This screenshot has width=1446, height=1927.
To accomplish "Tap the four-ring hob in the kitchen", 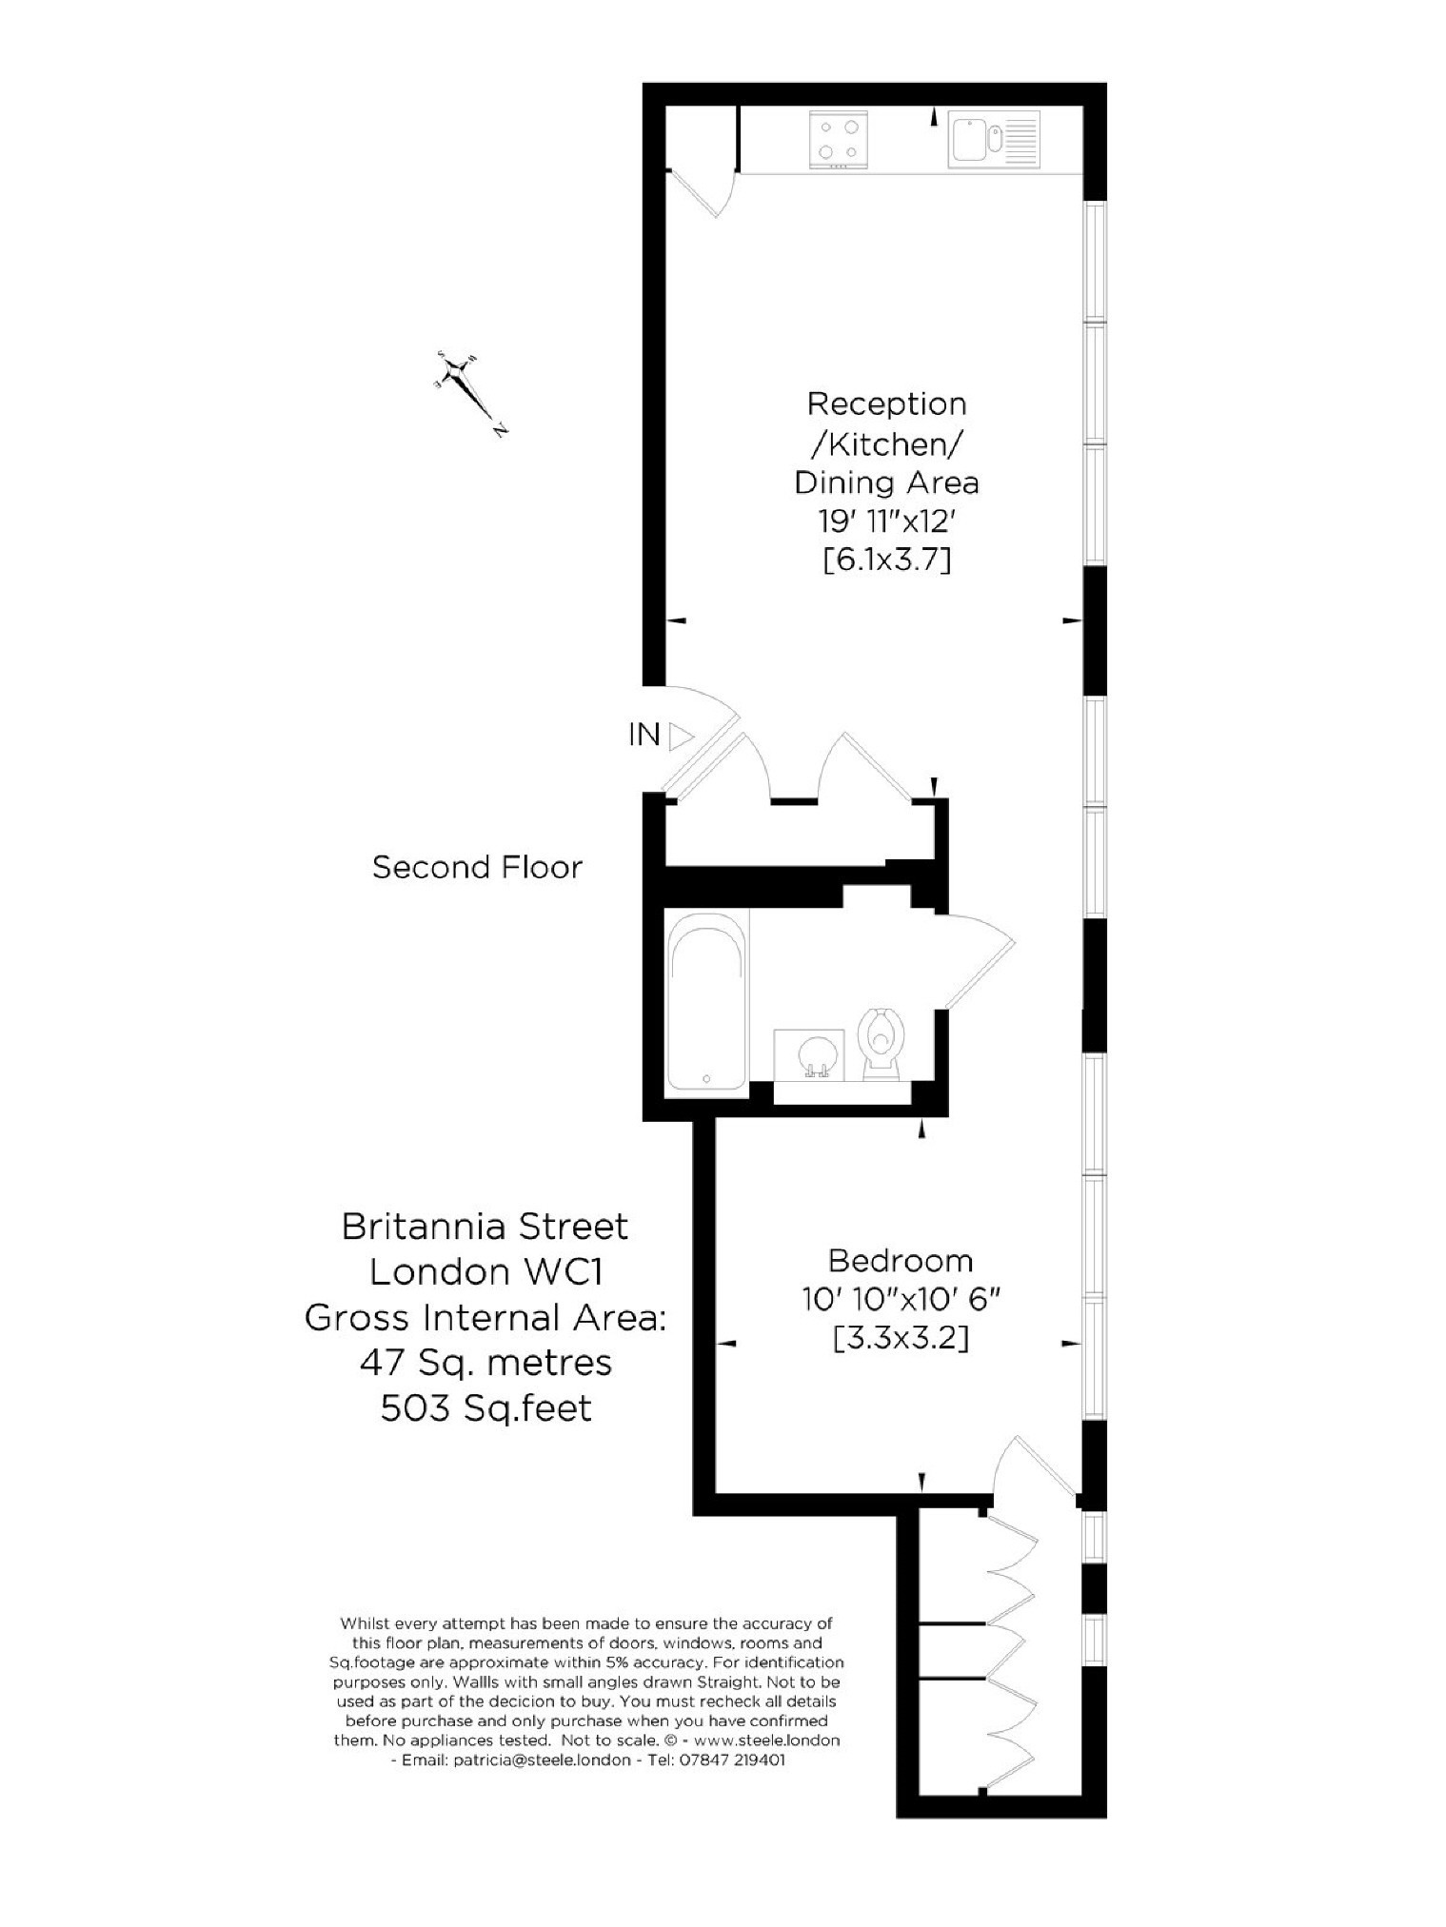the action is (839, 139).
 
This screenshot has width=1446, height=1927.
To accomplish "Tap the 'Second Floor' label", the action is (477, 867).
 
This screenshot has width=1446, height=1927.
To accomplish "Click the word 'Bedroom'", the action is (901, 1261).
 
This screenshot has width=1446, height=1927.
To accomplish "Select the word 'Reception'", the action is (886, 403).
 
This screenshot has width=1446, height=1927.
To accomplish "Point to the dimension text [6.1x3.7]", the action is (886, 560).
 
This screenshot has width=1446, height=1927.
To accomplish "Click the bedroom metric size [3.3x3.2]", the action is (901, 1339).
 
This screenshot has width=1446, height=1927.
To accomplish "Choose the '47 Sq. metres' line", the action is (485, 1363).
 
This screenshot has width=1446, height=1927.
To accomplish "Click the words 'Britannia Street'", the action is (485, 1227).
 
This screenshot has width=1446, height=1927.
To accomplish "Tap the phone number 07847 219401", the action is (731, 1760).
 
